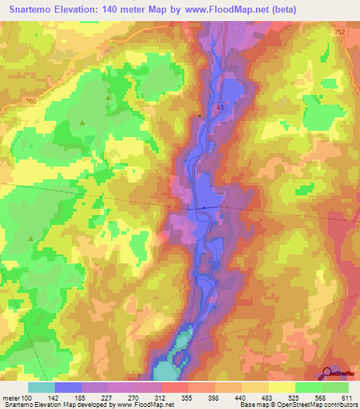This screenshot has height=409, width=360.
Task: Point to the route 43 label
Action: (x=221, y=107)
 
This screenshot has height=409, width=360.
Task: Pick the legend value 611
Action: (x=347, y=398)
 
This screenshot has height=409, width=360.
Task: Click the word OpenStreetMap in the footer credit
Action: (x=289, y=405)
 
